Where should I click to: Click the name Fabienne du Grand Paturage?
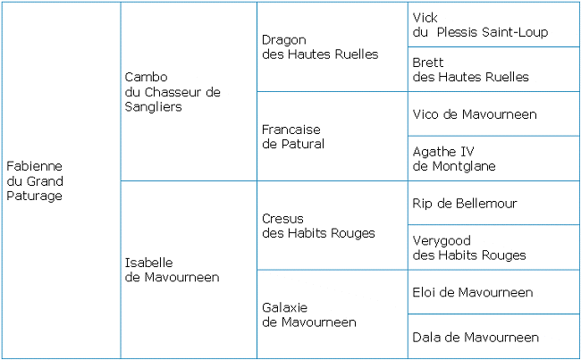[x=35, y=180]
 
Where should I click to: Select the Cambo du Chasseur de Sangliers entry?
[x=173, y=92]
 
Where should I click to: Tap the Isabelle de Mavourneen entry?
[x=172, y=270]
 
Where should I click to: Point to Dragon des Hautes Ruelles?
[x=320, y=47]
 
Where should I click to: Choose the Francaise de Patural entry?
[x=293, y=137]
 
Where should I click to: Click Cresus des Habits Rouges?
[x=318, y=226]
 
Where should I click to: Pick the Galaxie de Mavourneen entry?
[x=309, y=314]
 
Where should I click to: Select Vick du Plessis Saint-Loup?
[x=480, y=25]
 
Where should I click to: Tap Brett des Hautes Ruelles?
[x=470, y=70]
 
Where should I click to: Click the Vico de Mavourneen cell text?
[x=475, y=114]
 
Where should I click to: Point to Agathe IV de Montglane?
[x=454, y=159]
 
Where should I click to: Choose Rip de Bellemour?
[x=465, y=203]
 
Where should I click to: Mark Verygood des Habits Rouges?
[x=469, y=247]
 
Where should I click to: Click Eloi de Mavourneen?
[x=473, y=292]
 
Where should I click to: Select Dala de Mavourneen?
[x=476, y=337]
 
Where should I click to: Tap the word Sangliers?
[x=154, y=107]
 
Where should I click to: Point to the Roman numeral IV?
[x=467, y=152]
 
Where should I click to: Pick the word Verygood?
[x=442, y=241]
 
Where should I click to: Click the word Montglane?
[x=464, y=166]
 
